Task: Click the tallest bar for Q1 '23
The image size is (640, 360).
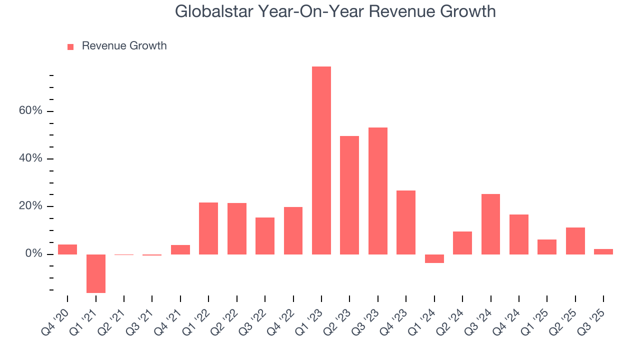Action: tap(321, 160)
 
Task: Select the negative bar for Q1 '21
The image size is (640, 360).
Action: tap(95, 273)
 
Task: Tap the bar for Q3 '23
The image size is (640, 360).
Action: tap(377, 190)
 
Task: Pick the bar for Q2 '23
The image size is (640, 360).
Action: tap(349, 195)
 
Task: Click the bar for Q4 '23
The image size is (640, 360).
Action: tap(406, 222)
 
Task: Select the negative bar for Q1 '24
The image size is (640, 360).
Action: tap(434, 258)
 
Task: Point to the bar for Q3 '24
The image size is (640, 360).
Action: tap(490, 224)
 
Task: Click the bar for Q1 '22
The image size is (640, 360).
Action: tap(208, 228)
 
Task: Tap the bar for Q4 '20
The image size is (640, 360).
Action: tap(67, 249)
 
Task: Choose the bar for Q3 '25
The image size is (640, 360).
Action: tap(603, 251)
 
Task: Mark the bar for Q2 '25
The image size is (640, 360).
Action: tap(575, 240)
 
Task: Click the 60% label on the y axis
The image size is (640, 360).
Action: tap(30, 111)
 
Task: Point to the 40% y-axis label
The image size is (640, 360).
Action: tap(30, 158)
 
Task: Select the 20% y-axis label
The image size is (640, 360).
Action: tap(30, 206)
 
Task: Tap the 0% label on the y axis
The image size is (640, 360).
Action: tap(33, 254)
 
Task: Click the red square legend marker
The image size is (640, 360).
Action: tap(70, 46)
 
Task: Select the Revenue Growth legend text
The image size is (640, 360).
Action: tap(124, 46)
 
